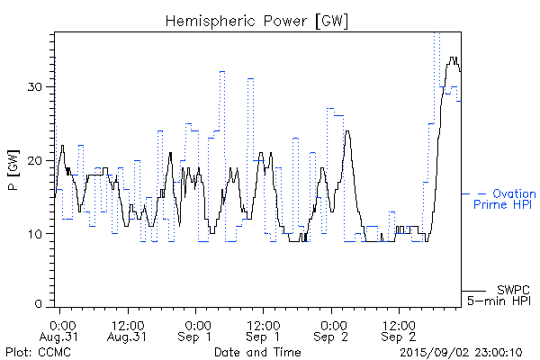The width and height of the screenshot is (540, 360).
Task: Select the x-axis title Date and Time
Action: click(257, 352)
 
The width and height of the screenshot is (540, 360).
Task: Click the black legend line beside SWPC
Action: click(473, 291)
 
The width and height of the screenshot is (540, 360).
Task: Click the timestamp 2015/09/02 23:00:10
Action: click(461, 352)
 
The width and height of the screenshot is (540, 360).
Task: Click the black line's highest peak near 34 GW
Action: click(453, 58)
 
